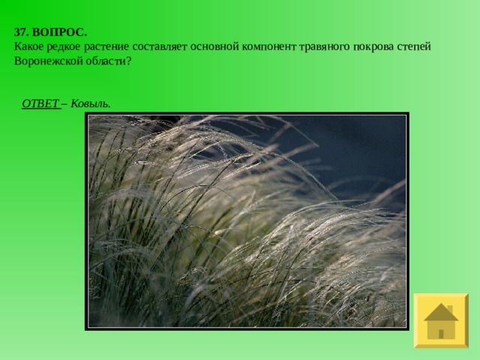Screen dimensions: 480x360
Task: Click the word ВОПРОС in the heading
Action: coord(59,32)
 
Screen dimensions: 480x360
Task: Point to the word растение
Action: coord(106,47)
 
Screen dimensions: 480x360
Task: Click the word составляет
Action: coord(160,46)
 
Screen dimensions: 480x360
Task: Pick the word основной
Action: coord(214,46)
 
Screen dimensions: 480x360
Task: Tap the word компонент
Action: coord(269,46)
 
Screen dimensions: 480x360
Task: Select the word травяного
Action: coord(324,47)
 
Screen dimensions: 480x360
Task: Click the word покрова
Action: coord(373,47)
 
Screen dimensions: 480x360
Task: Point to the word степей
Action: coord(414,46)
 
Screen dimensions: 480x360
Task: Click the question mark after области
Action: coord(128,61)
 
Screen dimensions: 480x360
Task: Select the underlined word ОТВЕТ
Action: coord(40,103)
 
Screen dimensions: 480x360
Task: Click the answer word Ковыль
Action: coord(90,103)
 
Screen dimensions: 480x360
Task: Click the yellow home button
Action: coord(441,320)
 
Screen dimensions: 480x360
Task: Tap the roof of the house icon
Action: coord(441,312)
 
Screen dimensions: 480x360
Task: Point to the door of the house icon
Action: coord(441,334)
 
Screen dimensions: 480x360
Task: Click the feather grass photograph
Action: coord(247,221)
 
